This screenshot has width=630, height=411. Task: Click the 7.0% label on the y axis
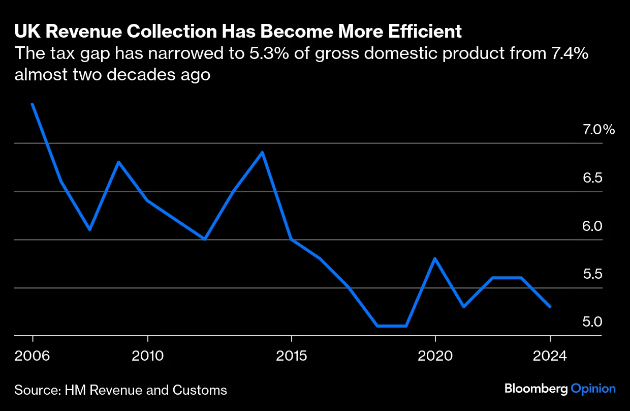click(598, 130)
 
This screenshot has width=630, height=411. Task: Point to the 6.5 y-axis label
click(592, 178)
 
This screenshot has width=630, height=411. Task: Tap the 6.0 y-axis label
click(592, 226)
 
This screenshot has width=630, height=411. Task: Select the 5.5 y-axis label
click(592, 275)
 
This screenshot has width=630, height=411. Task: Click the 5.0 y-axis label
click(592, 322)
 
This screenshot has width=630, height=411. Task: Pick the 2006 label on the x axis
click(33, 356)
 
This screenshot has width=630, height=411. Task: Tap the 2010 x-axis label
click(147, 356)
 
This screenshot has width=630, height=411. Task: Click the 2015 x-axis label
click(291, 356)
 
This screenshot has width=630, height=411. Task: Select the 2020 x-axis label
click(435, 356)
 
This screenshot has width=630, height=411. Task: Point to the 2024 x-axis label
click(550, 356)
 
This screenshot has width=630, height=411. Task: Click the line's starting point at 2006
click(33, 104)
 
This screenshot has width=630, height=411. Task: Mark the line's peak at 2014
click(262, 152)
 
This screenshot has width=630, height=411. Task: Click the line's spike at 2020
click(435, 258)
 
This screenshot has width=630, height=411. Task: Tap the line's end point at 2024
click(550, 307)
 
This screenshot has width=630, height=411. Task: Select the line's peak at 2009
click(118, 162)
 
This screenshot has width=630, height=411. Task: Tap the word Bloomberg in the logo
click(535, 389)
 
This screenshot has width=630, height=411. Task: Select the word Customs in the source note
click(203, 390)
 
